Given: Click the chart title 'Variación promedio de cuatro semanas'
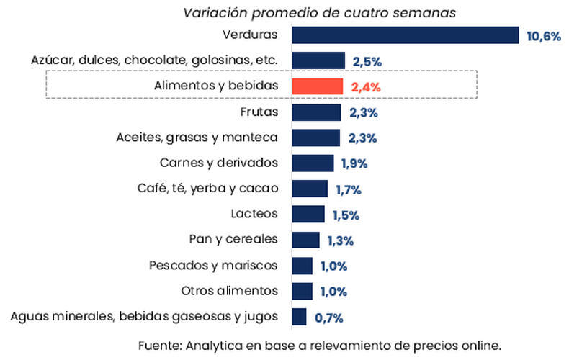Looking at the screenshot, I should pos(321,13).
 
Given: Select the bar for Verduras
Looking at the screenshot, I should pos(405,35).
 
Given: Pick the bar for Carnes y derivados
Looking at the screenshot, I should pos(313,163).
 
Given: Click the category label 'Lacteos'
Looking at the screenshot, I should pos(254,215).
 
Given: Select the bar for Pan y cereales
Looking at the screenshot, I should pos(305,240).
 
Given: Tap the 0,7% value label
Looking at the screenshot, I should pos(328,318).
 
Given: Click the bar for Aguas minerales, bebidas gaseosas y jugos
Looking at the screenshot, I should pos(299,317).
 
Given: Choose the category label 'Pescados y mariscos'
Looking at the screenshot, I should pos(213,266).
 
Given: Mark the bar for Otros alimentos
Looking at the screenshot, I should pos(302,291).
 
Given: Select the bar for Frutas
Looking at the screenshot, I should pos(316,112).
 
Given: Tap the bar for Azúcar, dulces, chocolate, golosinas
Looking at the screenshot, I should pos(318,60).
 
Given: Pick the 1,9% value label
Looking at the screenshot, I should pos(354,164).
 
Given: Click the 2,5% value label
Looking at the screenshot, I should pos(367,62).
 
